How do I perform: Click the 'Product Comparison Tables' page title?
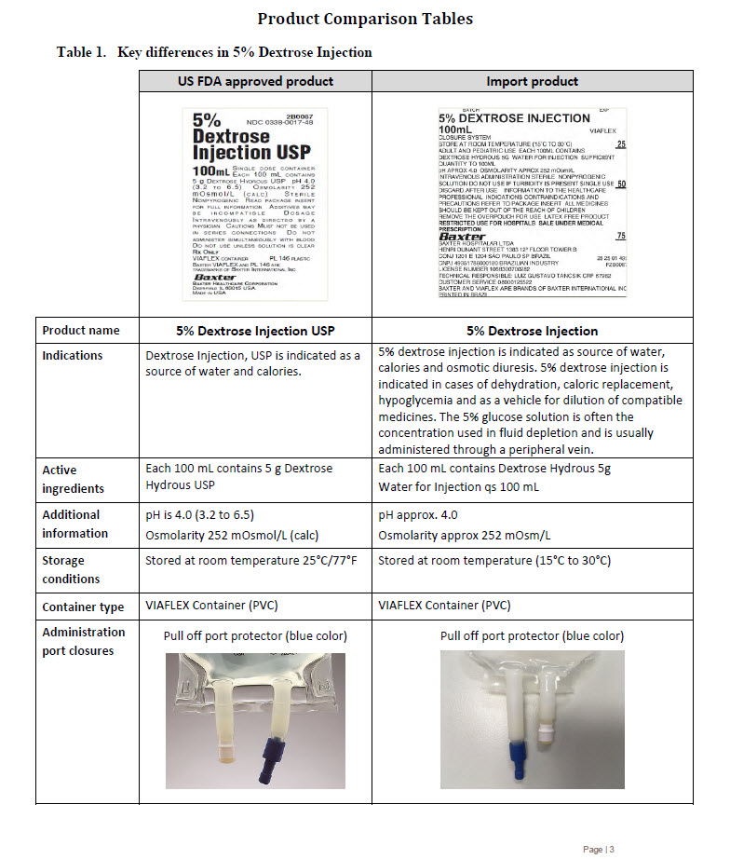(364, 19)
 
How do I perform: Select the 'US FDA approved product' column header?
(255, 81)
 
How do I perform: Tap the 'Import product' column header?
(532, 81)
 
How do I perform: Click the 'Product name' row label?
(81, 331)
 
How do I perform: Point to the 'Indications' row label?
(73, 355)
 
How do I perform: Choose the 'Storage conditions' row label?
(71, 569)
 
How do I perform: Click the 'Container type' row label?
(83, 607)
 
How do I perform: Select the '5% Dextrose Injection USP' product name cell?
(255, 331)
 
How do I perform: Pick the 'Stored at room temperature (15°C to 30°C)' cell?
(494, 561)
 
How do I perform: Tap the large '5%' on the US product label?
(206, 120)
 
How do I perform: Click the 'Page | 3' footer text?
(599, 849)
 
